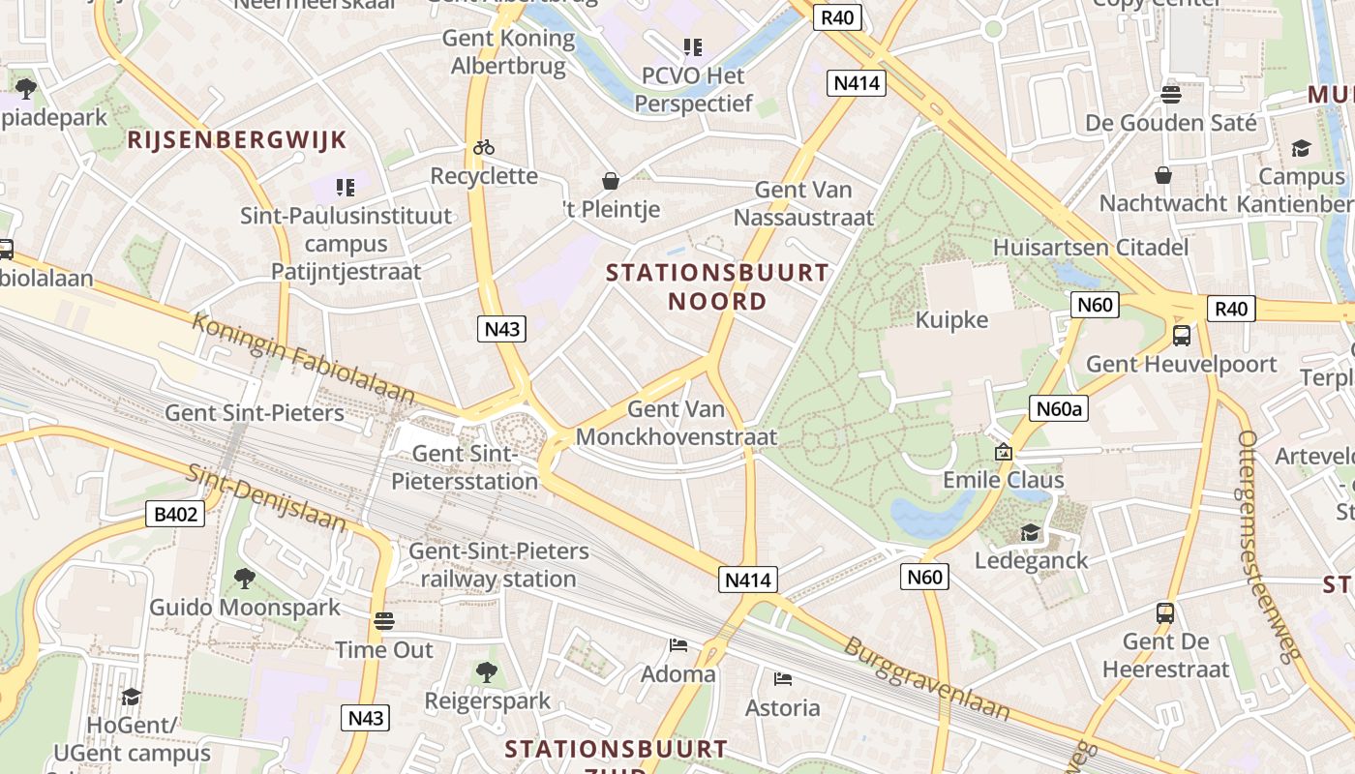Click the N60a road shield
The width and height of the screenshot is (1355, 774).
1059,409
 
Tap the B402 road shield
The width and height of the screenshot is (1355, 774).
176,514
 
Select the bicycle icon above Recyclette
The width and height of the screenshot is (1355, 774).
484,147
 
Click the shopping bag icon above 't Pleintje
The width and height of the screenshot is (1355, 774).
611,181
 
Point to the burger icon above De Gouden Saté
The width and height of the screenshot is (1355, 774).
1171,94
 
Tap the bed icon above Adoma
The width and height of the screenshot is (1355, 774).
678,644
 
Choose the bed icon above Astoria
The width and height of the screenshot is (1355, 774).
783,678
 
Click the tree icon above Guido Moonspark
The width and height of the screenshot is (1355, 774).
245,578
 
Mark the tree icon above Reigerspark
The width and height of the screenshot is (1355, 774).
487,671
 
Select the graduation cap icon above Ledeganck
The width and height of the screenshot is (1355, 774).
1031,532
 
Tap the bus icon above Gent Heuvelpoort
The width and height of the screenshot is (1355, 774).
1182,336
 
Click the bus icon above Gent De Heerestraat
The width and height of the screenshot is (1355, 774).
1165,612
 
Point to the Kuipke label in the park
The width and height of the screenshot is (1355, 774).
952,320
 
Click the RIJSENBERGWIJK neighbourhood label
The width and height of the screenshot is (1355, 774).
237,140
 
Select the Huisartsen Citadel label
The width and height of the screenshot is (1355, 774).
1091,248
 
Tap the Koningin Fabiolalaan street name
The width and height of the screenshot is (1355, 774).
303,358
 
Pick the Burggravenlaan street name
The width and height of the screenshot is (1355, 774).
926,679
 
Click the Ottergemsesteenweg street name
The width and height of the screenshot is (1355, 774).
1269,547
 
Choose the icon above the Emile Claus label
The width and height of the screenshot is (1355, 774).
1004,452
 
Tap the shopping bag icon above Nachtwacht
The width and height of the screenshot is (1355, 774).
1163,175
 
